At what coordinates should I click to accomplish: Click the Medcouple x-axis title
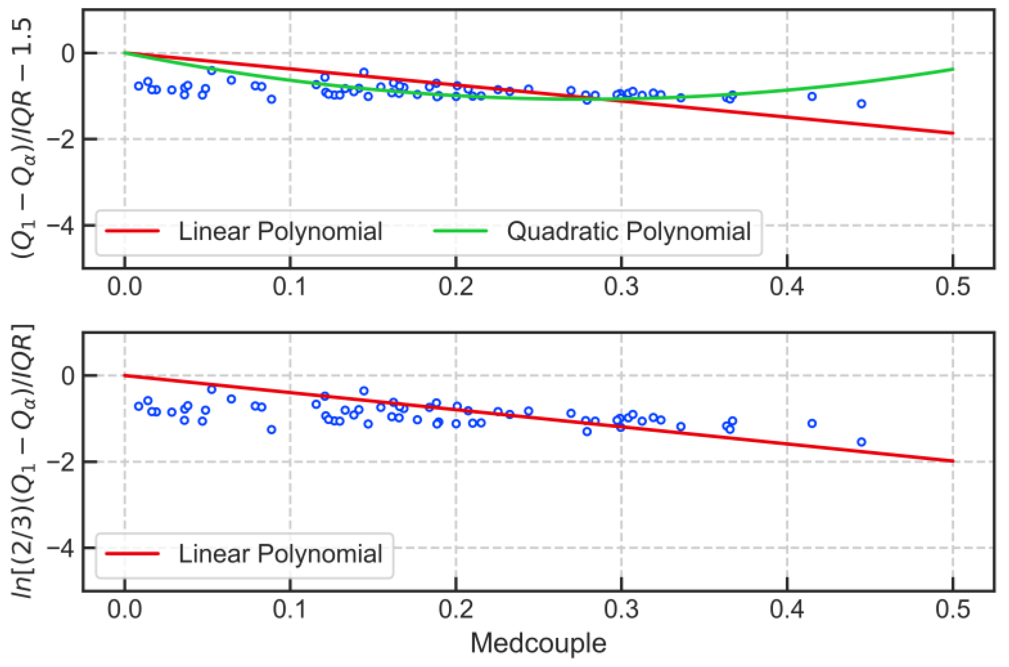[538, 643]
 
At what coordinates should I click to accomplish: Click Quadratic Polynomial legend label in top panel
[628, 232]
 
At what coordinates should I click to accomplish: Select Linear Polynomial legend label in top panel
[280, 232]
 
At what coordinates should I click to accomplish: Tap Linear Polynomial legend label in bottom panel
[280, 554]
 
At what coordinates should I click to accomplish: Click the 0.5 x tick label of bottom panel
[952, 609]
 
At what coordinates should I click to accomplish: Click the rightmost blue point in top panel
[861, 104]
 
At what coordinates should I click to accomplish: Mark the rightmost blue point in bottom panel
[861, 442]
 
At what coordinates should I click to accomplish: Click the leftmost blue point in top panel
[138, 86]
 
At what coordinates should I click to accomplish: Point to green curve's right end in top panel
[953, 69]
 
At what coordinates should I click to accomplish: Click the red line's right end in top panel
[953, 133]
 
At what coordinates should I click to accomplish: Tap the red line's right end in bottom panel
[953, 461]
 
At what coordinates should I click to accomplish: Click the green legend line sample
[460, 231]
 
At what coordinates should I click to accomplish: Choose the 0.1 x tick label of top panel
[290, 287]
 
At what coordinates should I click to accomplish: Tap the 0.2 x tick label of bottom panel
[455, 609]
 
